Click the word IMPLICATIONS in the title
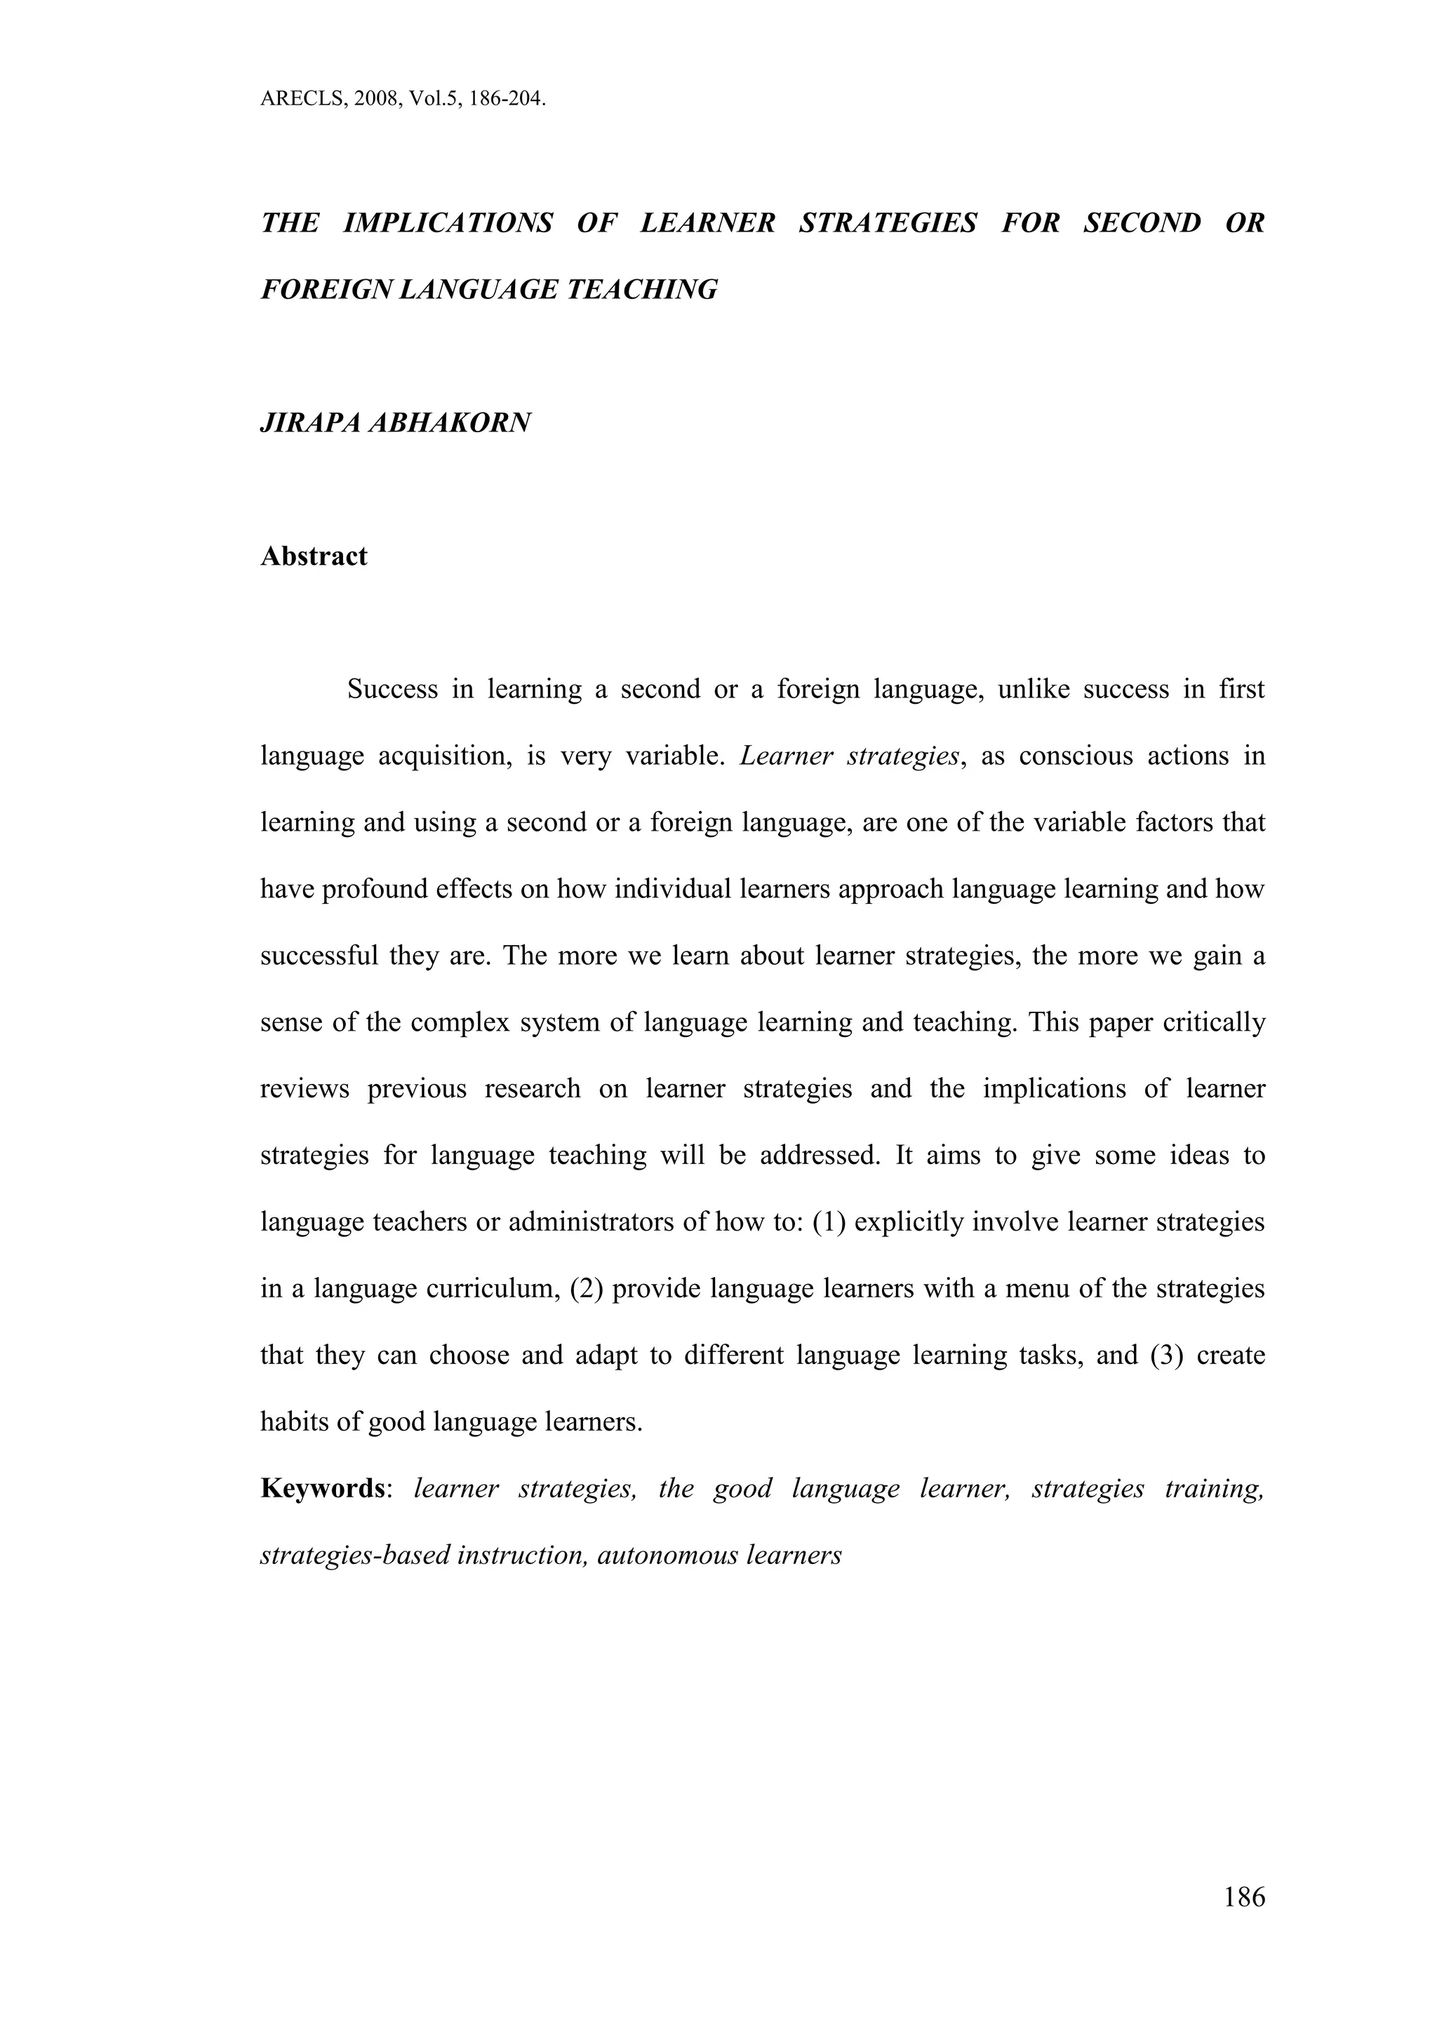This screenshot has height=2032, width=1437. (447, 223)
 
